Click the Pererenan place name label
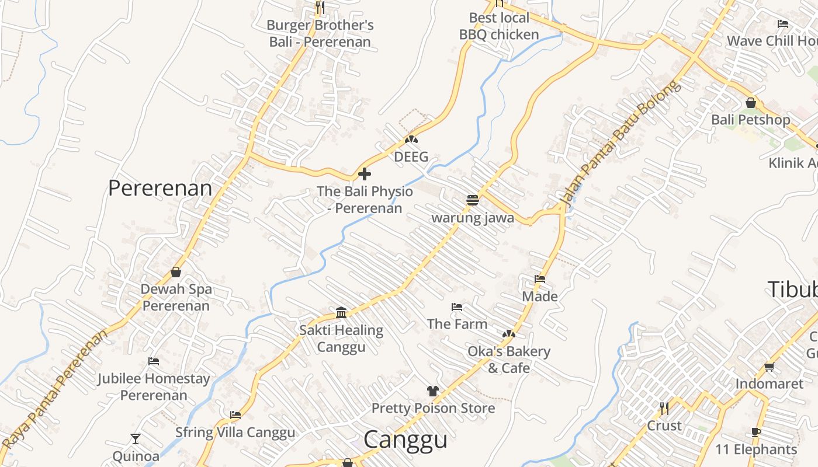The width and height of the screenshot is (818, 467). [160, 188]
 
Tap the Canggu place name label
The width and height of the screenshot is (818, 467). [405, 440]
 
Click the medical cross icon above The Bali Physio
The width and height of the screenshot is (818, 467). [365, 174]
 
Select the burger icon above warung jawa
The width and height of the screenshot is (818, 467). [473, 200]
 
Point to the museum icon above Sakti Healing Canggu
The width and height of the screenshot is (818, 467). [342, 313]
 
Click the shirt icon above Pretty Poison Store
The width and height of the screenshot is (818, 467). [432, 391]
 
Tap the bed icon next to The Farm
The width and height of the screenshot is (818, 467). [457, 307]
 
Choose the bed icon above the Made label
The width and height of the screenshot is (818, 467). [540, 279]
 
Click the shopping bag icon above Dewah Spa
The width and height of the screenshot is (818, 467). [176, 272]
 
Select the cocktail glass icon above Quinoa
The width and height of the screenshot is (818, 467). [136, 438]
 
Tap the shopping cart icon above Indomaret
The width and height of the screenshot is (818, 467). [769, 367]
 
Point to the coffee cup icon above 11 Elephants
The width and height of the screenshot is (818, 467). [756, 433]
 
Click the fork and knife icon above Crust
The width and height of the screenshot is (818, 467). [664, 408]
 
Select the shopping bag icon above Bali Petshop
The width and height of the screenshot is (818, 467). [751, 103]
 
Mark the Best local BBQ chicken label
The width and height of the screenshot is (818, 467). [498, 26]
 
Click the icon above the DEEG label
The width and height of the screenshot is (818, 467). [411, 140]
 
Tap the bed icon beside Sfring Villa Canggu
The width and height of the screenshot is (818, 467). [235, 415]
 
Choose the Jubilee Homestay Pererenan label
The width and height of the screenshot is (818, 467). [154, 386]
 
